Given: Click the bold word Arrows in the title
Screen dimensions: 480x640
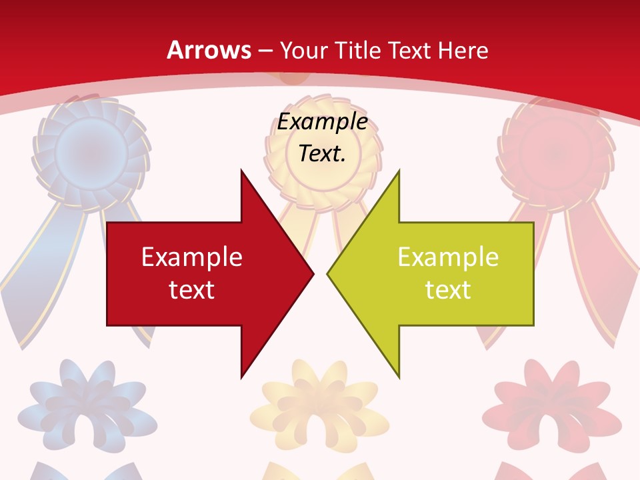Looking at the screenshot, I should click(209, 50).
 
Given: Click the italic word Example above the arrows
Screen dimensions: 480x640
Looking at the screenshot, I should click(322, 122).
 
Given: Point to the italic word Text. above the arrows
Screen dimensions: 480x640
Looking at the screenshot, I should click(322, 153).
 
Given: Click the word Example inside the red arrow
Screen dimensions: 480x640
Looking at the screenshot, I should click(192, 257).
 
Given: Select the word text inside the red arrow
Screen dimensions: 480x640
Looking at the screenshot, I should click(192, 289).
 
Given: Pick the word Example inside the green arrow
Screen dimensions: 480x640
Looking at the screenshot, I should click(448, 257).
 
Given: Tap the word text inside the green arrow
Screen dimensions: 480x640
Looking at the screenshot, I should click(448, 289).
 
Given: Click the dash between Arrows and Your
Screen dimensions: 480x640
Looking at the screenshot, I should click(265, 51).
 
